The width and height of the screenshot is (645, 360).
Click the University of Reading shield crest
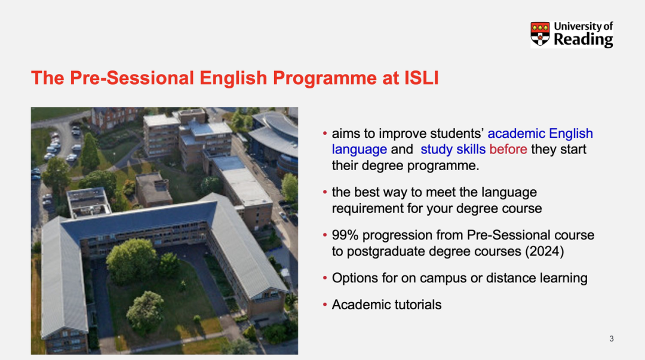540,34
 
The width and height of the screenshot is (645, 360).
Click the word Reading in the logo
583,40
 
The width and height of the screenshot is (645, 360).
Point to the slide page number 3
612,339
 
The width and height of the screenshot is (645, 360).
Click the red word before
508,149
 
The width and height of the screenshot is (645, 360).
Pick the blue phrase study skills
453,149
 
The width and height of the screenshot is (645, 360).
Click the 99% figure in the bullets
345,235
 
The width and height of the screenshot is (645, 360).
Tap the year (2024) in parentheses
544,251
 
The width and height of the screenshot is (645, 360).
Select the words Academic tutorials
386,304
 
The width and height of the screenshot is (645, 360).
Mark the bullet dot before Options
325,278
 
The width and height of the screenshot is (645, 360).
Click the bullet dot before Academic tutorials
325,305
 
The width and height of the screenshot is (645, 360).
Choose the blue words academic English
540,134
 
